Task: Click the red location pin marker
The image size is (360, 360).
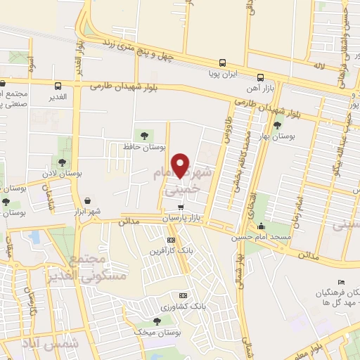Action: [181, 165]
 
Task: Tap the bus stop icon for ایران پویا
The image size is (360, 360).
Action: [222, 62]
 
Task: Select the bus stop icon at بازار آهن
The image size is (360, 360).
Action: [260, 77]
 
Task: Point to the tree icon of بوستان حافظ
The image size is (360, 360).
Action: [145, 134]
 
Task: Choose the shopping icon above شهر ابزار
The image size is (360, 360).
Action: [87, 200]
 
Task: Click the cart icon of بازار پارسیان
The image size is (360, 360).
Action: [181, 207]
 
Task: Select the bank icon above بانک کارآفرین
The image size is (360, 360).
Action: [170, 240]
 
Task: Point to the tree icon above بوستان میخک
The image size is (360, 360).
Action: [156, 321]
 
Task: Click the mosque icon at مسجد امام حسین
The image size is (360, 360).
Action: [262, 226]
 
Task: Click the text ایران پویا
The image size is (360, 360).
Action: [226, 72]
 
